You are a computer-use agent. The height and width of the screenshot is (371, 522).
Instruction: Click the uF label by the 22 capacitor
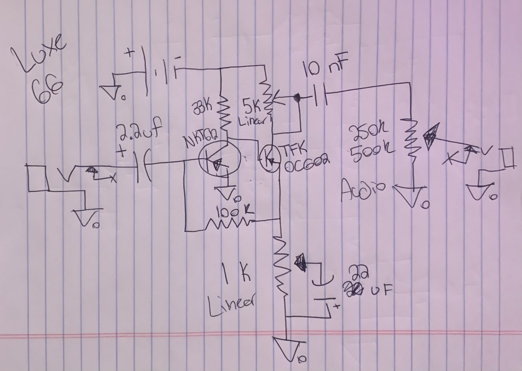(x=377, y=290)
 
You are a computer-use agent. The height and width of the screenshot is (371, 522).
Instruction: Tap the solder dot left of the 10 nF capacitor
(x=298, y=98)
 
